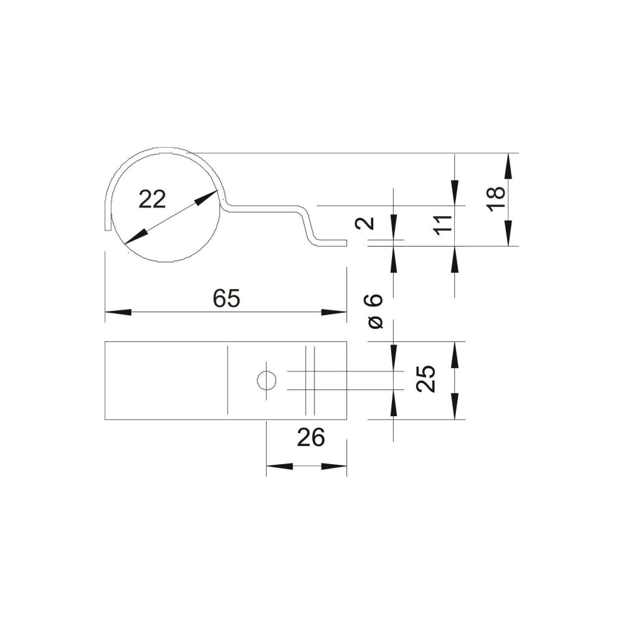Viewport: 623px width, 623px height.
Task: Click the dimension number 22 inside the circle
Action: [x=152, y=199]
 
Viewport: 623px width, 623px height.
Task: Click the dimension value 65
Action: [x=227, y=298]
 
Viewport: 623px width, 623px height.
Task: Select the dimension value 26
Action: [x=311, y=438]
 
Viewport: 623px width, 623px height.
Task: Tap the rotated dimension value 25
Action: [x=426, y=379]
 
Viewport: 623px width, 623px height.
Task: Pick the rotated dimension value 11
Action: [x=442, y=225]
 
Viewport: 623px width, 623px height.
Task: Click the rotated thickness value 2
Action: [x=364, y=223]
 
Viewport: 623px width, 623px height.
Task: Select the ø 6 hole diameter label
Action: [x=375, y=311]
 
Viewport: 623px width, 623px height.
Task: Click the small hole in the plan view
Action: [x=267, y=381]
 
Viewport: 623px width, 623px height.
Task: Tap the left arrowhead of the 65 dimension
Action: [x=118, y=312]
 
